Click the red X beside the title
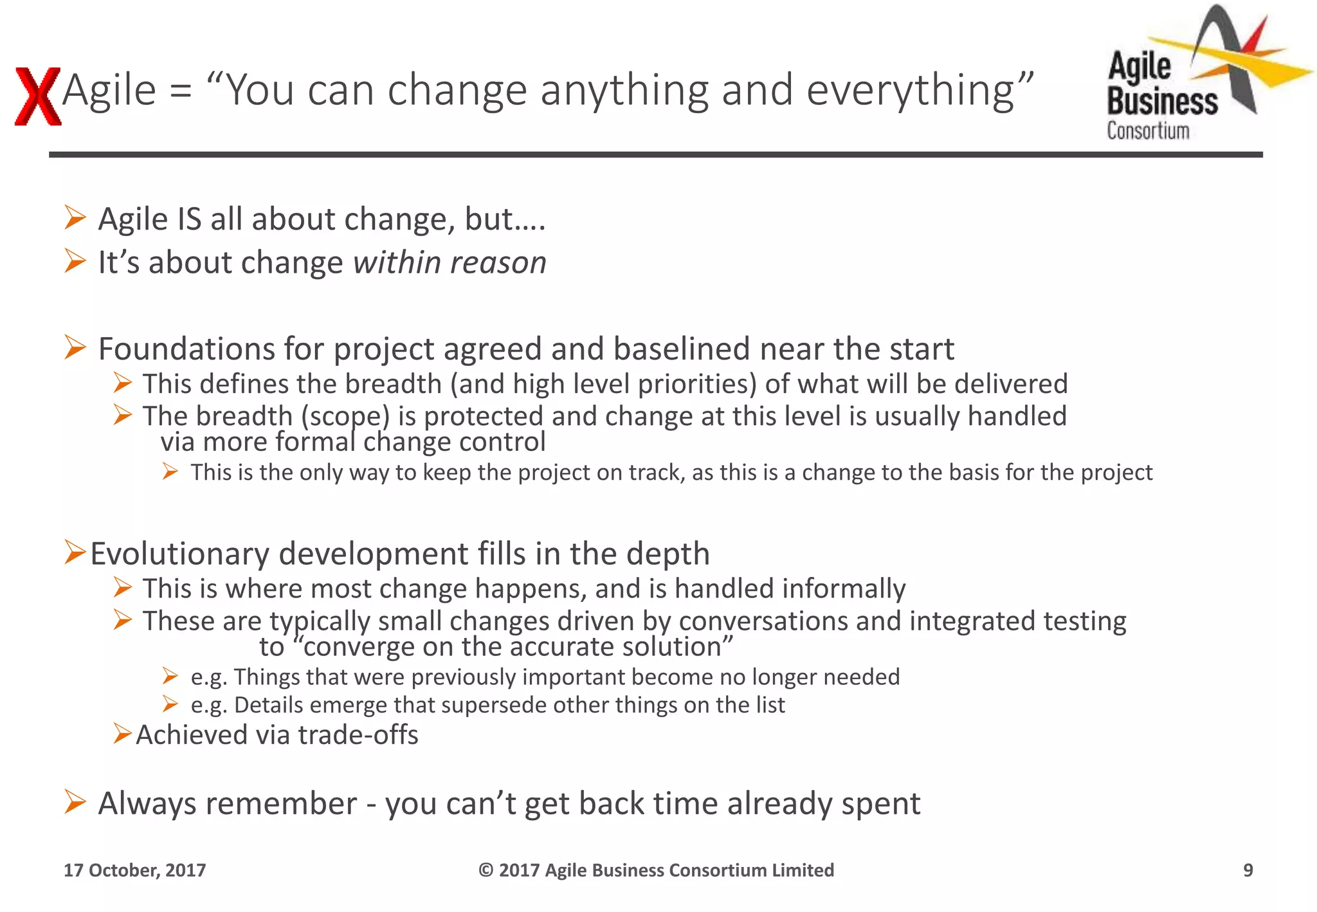tap(37, 96)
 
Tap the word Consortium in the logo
tap(1148, 131)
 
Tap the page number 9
tap(1248, 870)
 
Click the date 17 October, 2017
tap(134, 870)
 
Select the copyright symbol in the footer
tap(486, 870)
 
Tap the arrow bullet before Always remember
tap(75, 802)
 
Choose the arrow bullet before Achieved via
tap(122, 733)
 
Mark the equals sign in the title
tap(181, 90)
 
